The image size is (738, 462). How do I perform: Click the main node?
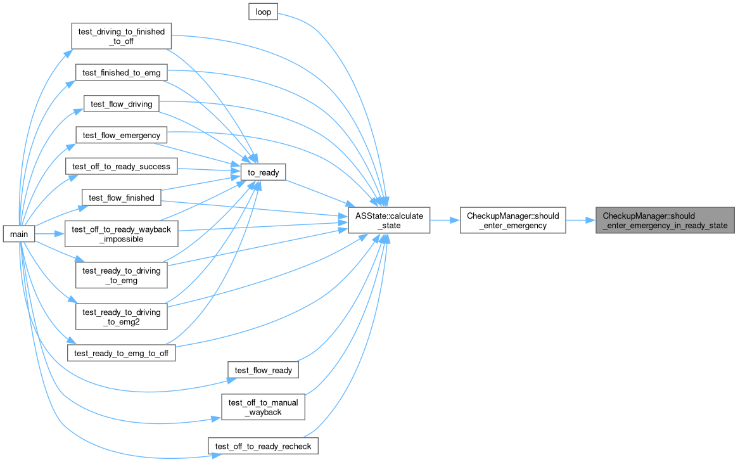pos(19,234)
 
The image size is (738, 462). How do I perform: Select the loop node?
pos(263,12)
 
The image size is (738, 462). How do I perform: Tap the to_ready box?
pos(263,172)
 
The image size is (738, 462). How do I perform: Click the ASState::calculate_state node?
pos(389,221)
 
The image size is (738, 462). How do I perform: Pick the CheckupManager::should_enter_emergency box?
pos(512,221)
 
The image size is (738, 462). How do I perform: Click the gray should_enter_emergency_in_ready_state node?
pos(665,221)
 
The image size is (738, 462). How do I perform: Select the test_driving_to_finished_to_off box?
pos(122,36)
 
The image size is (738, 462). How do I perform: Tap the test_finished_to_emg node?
pos(122,72)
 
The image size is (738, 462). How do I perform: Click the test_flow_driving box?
pos(122,104)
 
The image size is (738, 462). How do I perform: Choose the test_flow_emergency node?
pos(122,135)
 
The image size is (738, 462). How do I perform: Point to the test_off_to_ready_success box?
pos(122,166)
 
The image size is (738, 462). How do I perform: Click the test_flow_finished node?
pos(122,198)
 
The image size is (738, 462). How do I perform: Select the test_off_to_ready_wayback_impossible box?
pos(122,234)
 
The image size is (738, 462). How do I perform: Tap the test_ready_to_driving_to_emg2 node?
pos(122,316)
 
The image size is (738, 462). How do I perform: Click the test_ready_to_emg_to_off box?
pos(122,353)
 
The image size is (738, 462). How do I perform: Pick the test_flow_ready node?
pos(263,370)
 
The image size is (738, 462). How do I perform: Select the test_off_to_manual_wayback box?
pos(263,407)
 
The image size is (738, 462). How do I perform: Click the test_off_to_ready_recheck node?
pos(263,446)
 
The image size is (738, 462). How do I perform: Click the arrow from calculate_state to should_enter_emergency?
pos(445,221)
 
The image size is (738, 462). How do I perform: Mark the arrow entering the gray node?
pos(581,221)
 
